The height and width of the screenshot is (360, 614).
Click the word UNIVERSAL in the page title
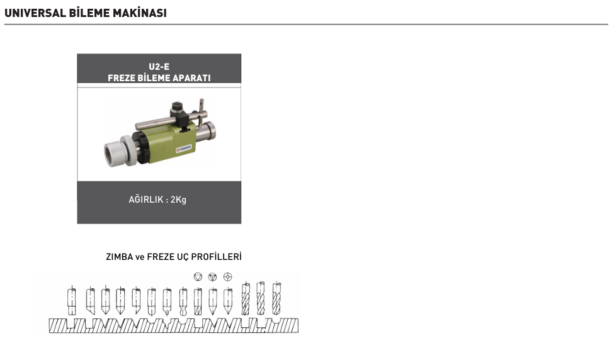pyautogui.click(x=35, y=13)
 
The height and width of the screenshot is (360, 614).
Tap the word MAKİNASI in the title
pyautogui.click(x=140, y=13)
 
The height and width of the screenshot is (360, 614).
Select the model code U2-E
pyautogui.click(x=159, y=67)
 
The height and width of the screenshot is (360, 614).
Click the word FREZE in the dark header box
pyautogui.click(x=121, y=78)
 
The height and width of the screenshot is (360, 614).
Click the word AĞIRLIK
pyautogui.click(x=146, y=199)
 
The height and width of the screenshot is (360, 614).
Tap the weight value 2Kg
pyautogui.click(x=179, y=200)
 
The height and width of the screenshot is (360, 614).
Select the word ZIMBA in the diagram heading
pyautogui.click(x=119, y=257)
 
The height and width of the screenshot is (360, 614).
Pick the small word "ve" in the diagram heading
pyautogui.click(x=140, y=257)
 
